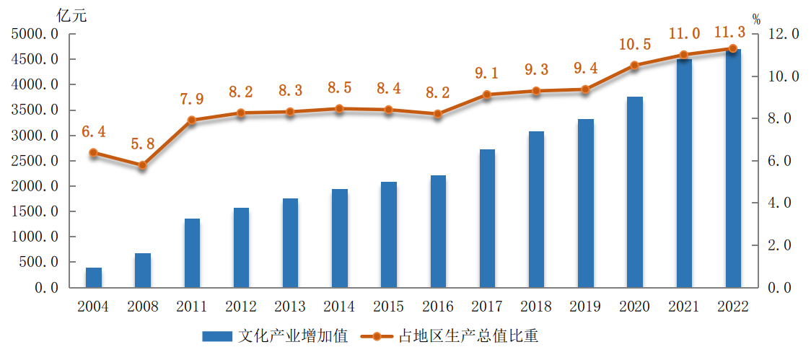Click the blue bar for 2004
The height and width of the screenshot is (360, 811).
[94, 278]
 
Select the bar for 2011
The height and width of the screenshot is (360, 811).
[192, 253]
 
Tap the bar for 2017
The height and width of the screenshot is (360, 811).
[487, 218]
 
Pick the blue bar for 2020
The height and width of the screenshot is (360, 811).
[634, 192]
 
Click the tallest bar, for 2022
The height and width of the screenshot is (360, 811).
[733, 168]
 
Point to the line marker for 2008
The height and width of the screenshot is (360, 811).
[143, 165]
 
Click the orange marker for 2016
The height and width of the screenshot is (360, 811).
[438, 113]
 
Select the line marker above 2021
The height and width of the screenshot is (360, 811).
[684, 55]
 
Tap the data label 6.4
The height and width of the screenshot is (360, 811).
[94, 131]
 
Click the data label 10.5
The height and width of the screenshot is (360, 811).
[635, 45]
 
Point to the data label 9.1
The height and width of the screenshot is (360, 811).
[487, 73]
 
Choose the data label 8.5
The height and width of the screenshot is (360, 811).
[340, 88]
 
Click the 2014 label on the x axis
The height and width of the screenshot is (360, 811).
[339, 307]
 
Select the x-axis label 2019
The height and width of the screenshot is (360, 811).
[585, 307]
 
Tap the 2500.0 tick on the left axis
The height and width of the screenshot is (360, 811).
[35, 161]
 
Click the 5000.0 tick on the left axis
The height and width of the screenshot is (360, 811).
[35, 34]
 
